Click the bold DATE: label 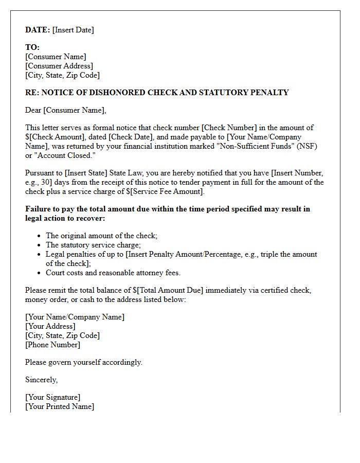[38, 30]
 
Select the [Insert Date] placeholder [73, 30]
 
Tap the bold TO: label [32, 47]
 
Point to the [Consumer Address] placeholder [59, 66]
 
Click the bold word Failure [39, 209]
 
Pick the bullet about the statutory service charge [93, 245]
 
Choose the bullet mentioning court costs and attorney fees [113, 273]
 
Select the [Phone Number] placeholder [52, 345]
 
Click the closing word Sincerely [41, 380]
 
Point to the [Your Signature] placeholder [52, 397]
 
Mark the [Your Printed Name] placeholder [59, 406]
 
